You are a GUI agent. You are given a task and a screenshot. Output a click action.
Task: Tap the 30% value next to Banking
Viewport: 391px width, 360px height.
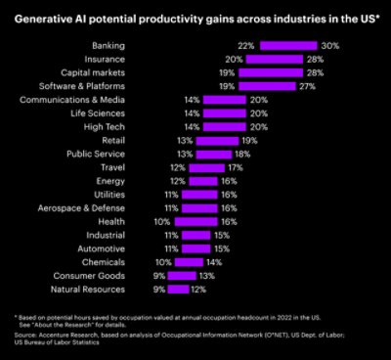(x=331, y=46)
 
